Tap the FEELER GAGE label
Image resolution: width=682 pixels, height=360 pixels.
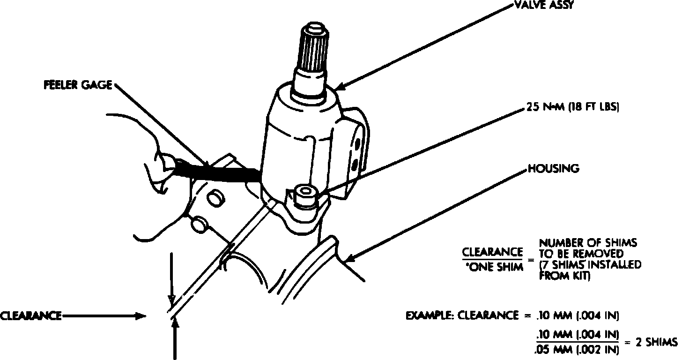pyautogui.click(x=77, y=85)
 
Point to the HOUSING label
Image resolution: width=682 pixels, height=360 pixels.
pyautogui.click(x=553, y=168)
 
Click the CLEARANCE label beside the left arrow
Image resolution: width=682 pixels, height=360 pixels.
pyautogui.click(x=31, y=315)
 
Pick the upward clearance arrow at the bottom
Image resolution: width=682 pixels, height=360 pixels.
pyautogui.click(x=174, y=337)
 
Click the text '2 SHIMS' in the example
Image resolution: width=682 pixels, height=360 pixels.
pyautogui.click(x=656, y=342)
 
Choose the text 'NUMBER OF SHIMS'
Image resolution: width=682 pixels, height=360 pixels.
pyautogui.click(x=588, y=243)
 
